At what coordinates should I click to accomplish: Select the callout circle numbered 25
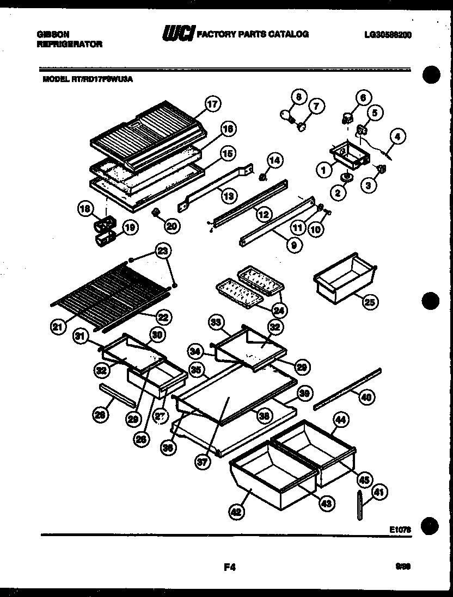370,302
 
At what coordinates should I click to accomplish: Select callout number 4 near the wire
397,138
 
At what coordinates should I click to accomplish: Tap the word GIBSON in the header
53,34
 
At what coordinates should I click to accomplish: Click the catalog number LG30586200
388,34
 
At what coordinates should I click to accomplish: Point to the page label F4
229,568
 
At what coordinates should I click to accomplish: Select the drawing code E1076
400,528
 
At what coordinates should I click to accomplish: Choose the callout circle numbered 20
172,226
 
